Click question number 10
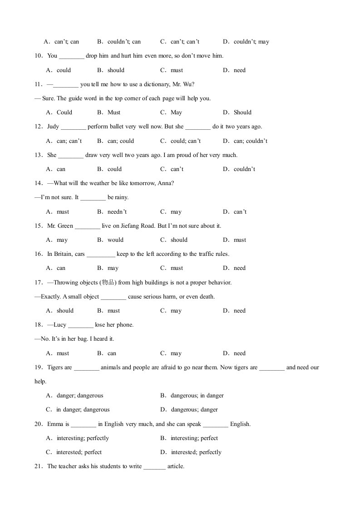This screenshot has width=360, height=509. pos(39,56)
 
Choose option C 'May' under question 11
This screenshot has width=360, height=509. pos(176,113)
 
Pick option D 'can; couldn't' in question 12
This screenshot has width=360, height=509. pos(250,141)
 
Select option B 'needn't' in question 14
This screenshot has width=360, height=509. pos(117,212)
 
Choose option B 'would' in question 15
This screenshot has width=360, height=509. pos(115,240)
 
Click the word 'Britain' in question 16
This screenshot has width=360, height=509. pos(64,254)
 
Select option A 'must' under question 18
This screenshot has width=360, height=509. pos(63,353)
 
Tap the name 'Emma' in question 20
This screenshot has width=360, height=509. pos(54,424)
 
